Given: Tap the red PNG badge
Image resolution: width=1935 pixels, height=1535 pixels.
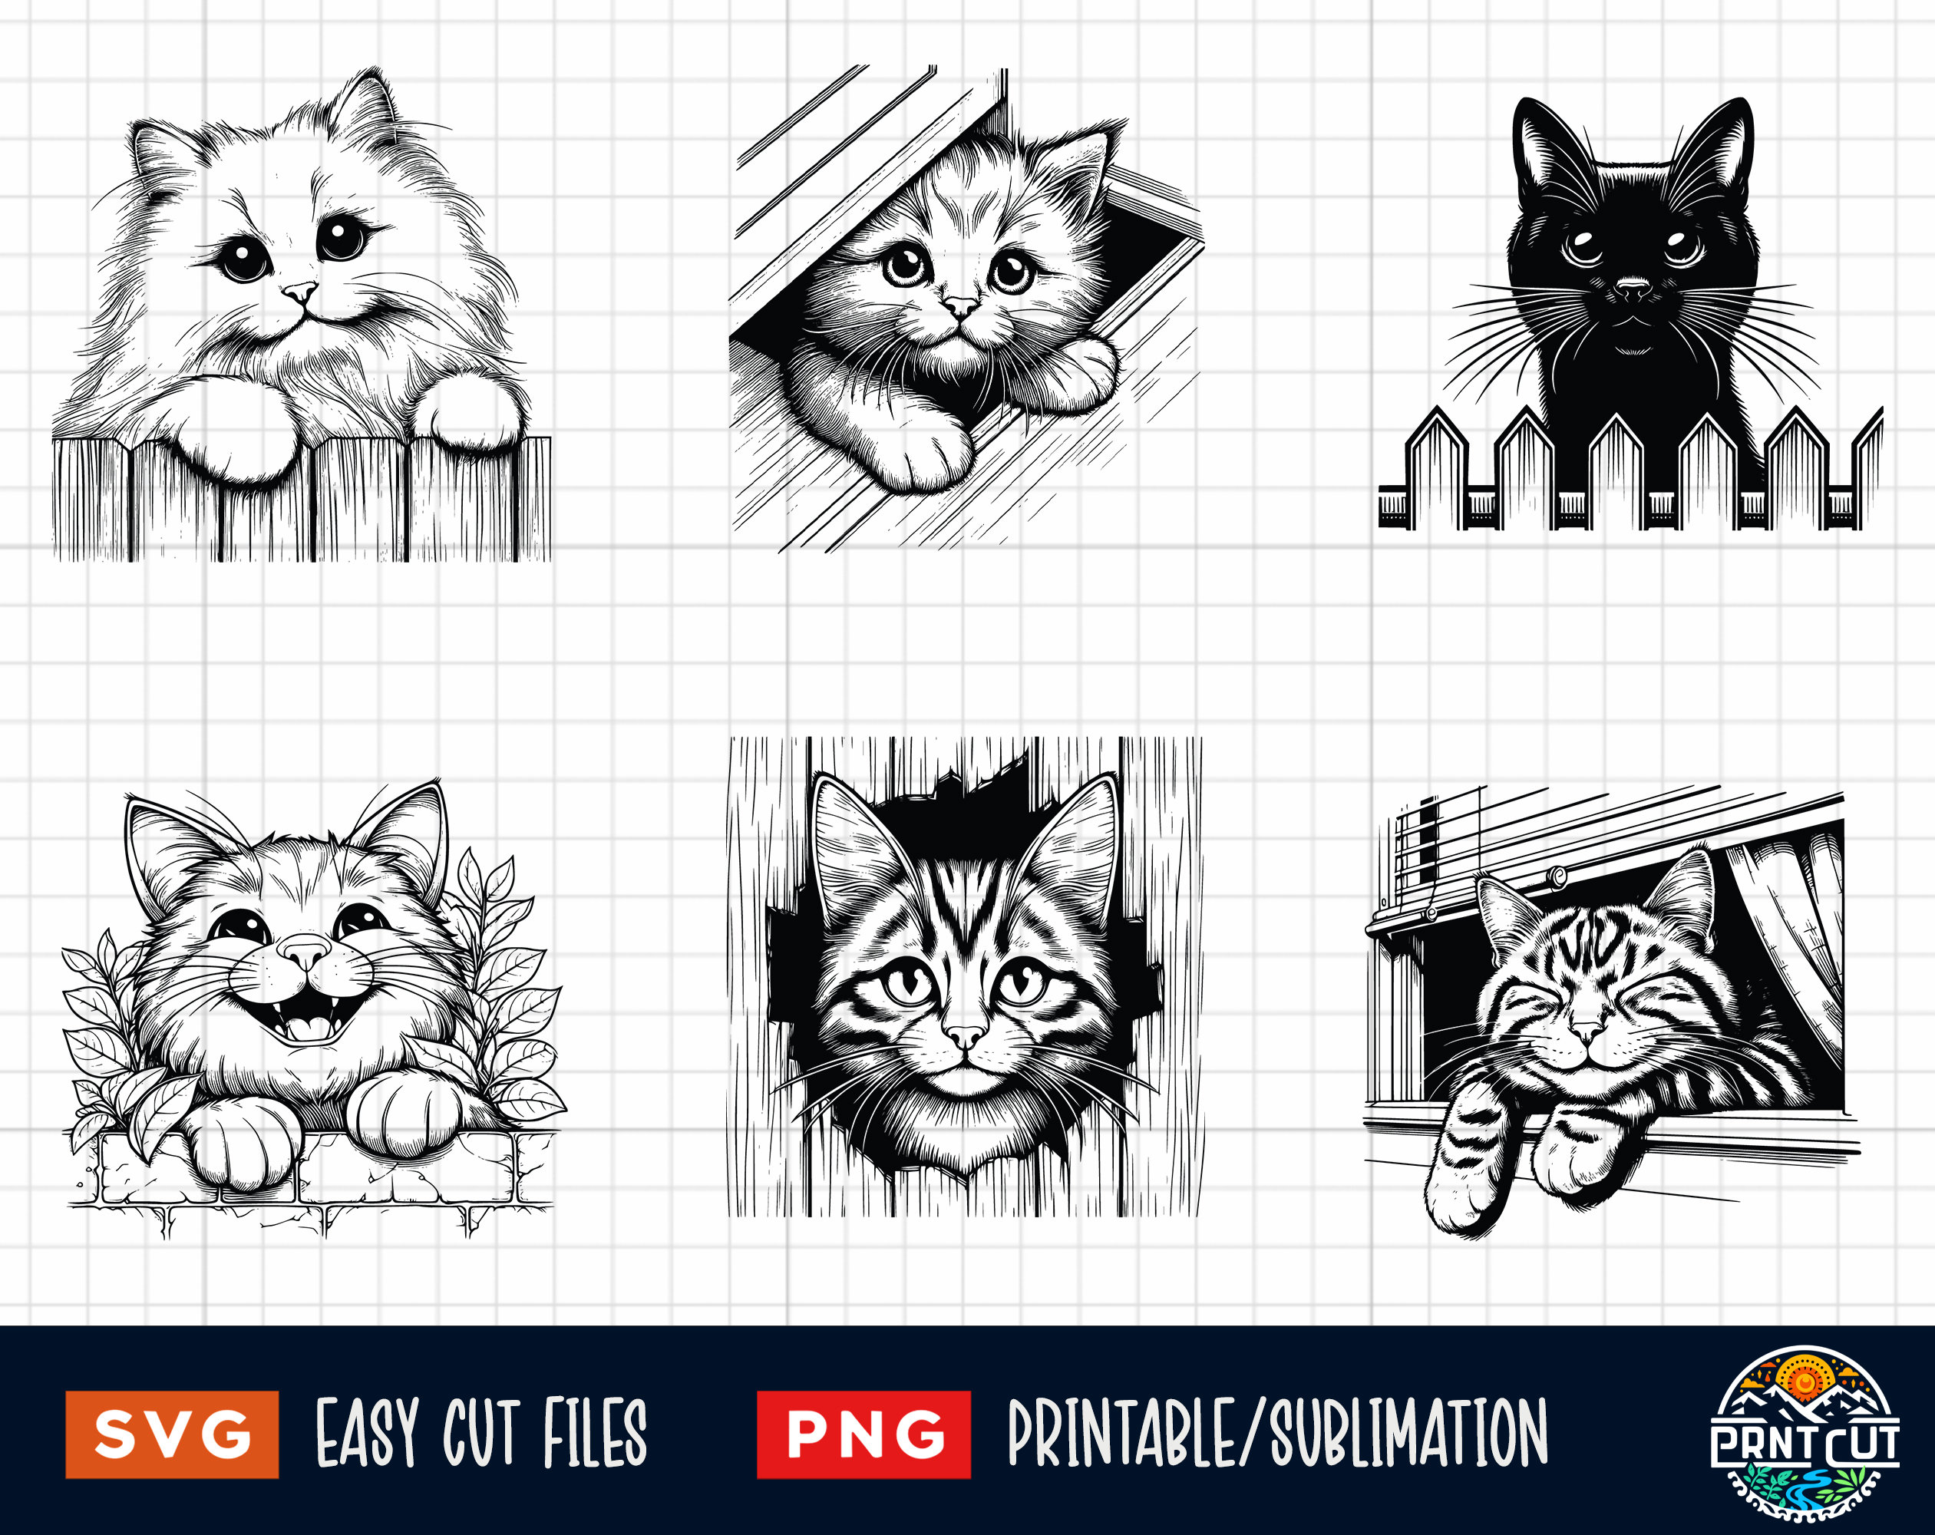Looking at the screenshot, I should pyautogui.click(x=863, y=1434).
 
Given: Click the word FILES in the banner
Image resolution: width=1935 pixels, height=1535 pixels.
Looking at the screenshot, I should pyautogui.click(x=594, y=1434).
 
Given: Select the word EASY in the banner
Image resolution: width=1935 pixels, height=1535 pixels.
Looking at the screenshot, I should pyautogui.click(x=367, y=1434).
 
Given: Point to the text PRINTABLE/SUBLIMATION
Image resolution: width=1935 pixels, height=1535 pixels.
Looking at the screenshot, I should pyautogui.click(x=1277, y=1434).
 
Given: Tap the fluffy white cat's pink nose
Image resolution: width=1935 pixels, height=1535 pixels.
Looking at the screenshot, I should pyautogui.click(x=300, y=292).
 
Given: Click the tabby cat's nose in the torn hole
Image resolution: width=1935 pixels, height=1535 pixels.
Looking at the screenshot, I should pyautogui.click(x=965, y=1037).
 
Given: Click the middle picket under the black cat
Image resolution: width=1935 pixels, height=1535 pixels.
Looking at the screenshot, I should pyautogui.click(x=1616, y=467).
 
